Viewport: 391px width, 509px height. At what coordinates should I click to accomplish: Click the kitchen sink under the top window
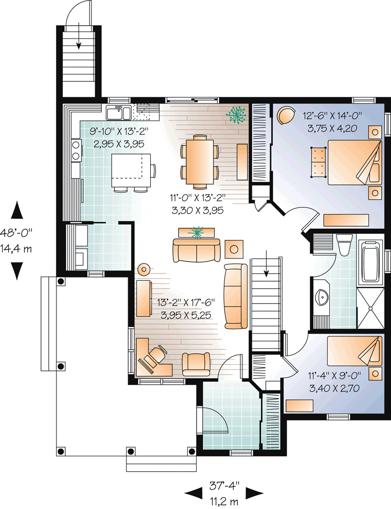click(x=119, y=113)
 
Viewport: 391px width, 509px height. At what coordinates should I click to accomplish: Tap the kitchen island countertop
click(x=131, y=171)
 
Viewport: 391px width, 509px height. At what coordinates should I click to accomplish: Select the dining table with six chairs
click(x=200, y=161)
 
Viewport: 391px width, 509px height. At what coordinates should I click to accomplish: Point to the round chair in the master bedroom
click(x=286, y=115)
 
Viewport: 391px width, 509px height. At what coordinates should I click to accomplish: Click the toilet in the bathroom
click(x=344, y=245)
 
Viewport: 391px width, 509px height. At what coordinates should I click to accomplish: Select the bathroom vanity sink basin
click(x=322, y=297)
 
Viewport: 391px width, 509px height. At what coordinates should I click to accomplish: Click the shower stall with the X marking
click(x=370, y=308)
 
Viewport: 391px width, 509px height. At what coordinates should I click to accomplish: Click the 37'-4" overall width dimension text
click(x=224, y=486)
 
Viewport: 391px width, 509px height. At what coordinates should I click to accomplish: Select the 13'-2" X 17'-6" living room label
click(x=186, y=302)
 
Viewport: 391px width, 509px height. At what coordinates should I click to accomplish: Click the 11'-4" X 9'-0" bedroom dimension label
click(x=334, y=376)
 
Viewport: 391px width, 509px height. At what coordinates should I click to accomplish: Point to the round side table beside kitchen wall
click(x=144, y=269)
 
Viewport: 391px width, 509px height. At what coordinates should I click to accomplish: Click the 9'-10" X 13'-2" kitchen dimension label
click(x=119, y=131)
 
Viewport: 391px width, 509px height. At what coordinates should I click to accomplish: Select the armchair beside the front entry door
click(x=196, y=364)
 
